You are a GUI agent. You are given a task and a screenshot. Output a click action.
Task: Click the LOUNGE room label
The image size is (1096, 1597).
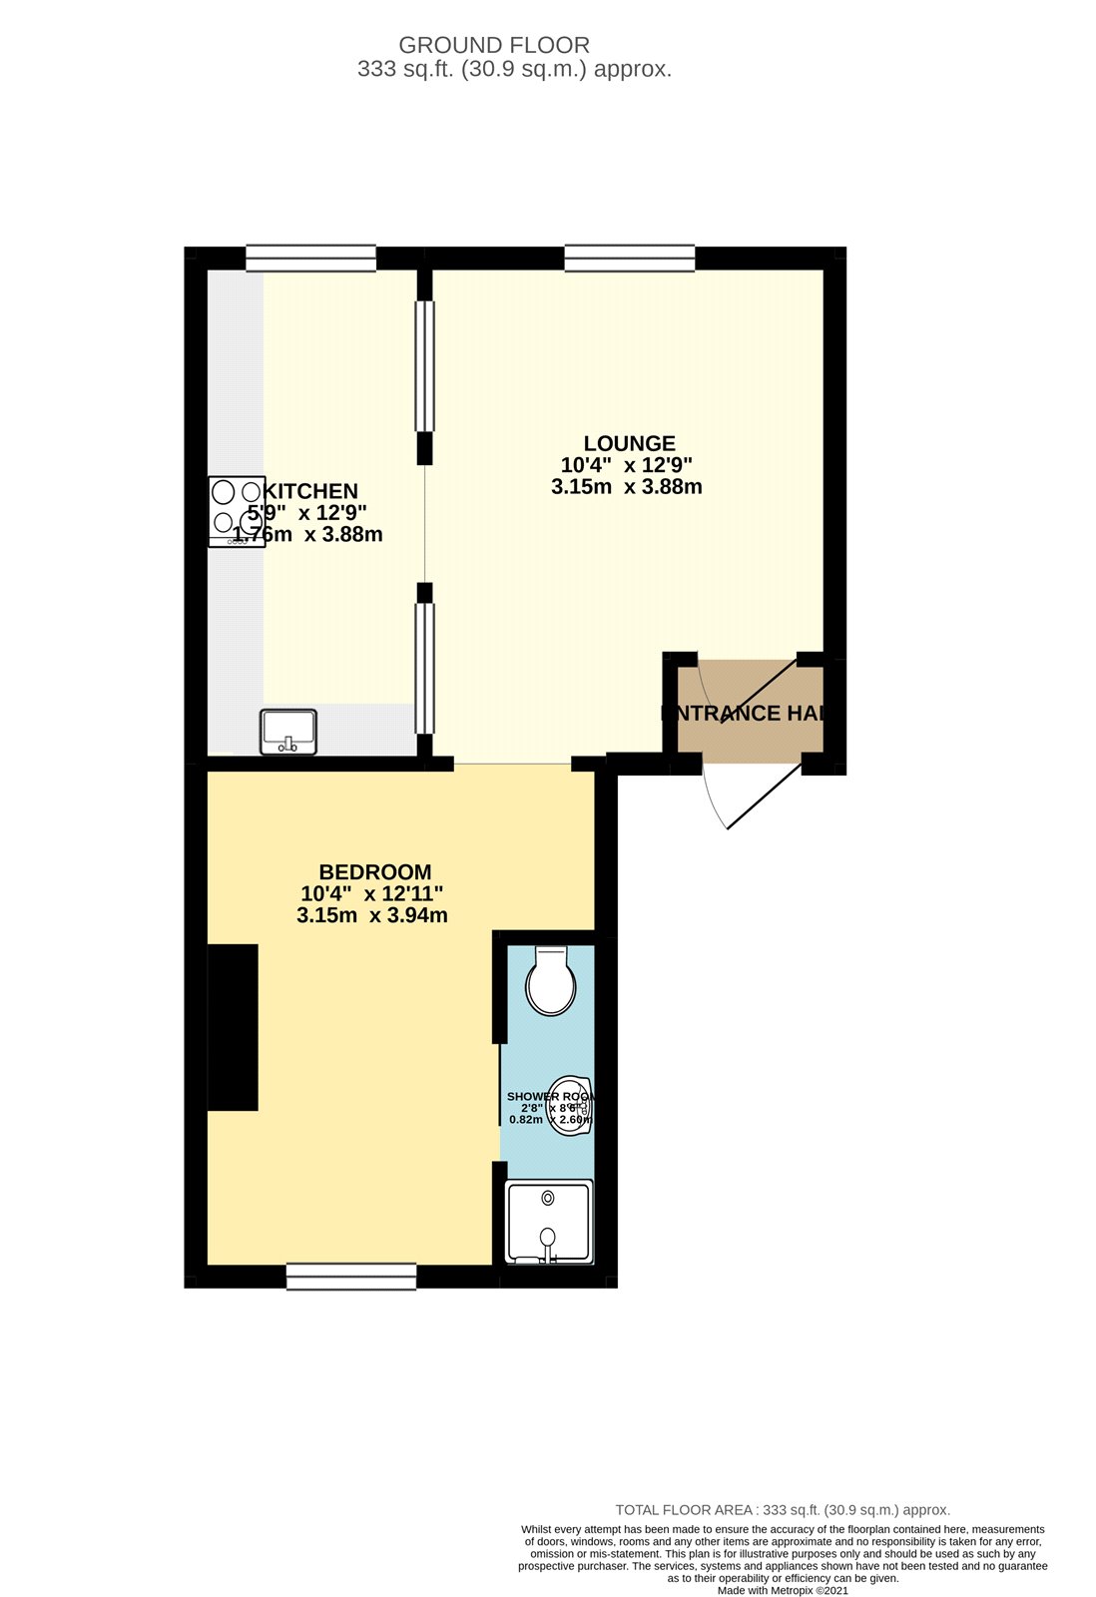[x=629, y=443]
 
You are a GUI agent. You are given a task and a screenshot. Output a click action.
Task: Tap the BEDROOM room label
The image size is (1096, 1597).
[x=375, y=871]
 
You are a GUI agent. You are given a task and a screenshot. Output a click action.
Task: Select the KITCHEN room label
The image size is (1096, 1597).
[x=310, y=491]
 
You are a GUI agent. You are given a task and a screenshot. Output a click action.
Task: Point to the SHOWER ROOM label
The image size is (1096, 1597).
[x=551, y=1096]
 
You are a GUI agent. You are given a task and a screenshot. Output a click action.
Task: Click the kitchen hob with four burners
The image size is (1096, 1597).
[x=237, y=511]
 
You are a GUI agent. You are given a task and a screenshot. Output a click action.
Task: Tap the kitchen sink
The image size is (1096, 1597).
[x=287, y=732]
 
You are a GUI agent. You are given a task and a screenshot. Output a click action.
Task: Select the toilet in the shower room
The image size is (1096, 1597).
[x=550, y=981]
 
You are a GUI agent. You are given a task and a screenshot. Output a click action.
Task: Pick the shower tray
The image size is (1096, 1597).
[x=548, y=1222]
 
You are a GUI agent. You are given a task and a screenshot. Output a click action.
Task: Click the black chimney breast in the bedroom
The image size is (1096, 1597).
[x=233, y=1027]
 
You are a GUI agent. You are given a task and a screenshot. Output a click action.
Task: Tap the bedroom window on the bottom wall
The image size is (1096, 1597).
[x=351, y=1277]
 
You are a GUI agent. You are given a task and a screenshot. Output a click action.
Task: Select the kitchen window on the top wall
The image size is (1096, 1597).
[x=310, y=259]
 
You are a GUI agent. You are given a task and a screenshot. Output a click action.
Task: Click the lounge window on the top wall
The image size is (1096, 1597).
[x=629, y=259]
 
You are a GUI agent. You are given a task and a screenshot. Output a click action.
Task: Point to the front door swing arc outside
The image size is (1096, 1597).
[x=715, y=798]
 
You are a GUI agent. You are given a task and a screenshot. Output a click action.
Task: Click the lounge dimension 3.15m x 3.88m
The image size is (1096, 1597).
[x=627, y=487]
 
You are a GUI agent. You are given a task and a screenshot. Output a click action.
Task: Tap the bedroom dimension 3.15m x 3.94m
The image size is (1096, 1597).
[x=372, y=915]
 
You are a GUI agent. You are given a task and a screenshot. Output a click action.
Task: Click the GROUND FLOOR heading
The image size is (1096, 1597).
[x=494, y=45]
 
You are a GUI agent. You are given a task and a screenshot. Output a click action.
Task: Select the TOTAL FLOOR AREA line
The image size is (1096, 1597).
[x=783, y=1510]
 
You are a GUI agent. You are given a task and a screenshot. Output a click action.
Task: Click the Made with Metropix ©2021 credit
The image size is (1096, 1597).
[x=783, y=1590]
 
